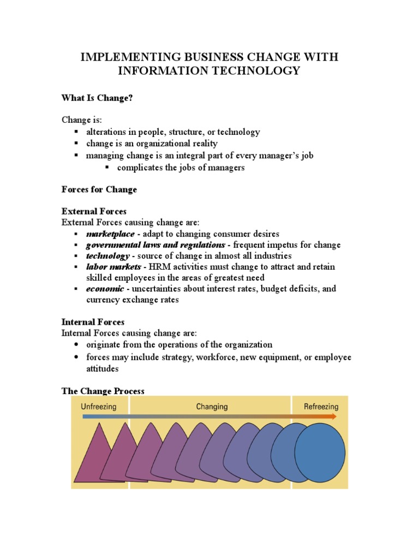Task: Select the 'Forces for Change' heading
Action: point(99,189)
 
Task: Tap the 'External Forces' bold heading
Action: point(94,211)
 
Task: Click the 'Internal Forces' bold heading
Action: point(93,322)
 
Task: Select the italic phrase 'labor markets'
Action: point(113,266)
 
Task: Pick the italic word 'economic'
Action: point(105,289)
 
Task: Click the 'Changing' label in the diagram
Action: point(212,407)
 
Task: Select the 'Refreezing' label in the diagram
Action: point(321,407)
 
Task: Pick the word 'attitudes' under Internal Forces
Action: point(103,368)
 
